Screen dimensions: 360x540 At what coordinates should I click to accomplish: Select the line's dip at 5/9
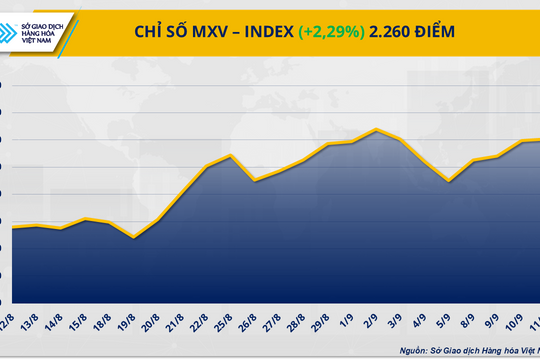coord(449,181)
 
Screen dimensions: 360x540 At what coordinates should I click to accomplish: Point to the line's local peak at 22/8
coord(231,155)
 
